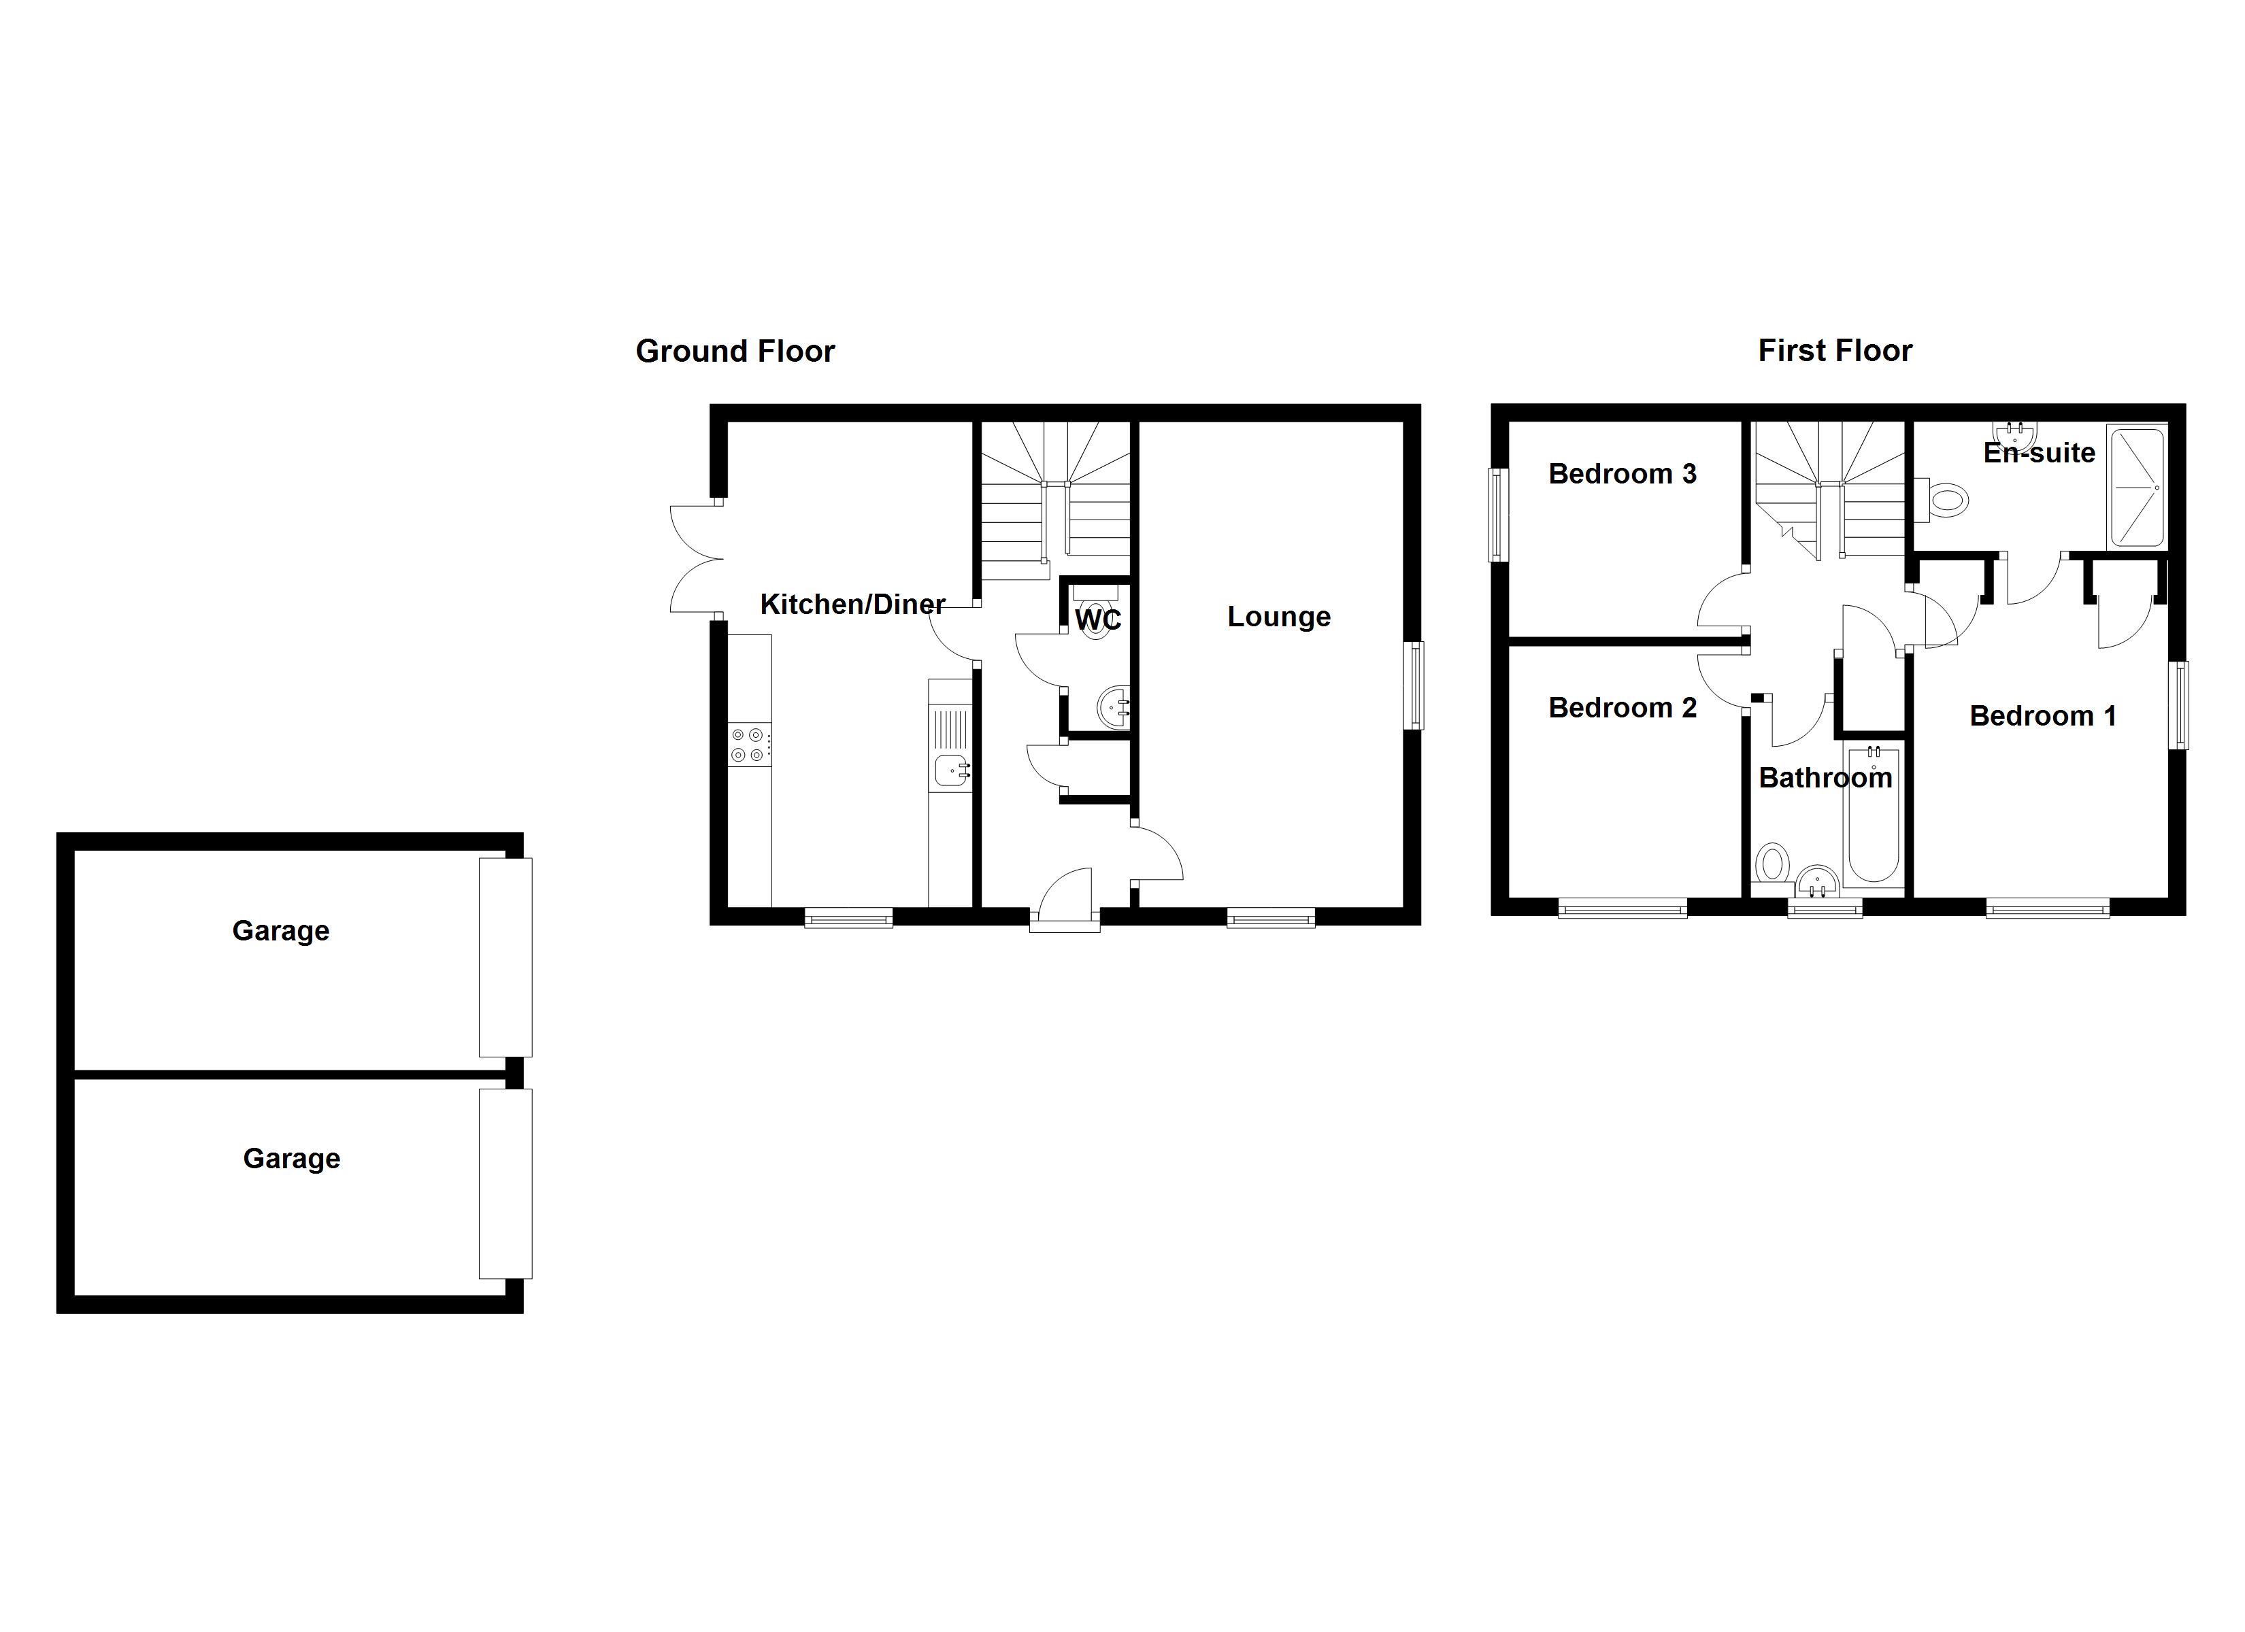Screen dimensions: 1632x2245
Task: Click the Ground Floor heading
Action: point(735,352)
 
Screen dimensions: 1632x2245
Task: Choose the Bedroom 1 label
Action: point(2042,715)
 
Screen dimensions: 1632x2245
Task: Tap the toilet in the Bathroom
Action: point(1771,863)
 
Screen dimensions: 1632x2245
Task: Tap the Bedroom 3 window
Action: point(1499,515)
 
